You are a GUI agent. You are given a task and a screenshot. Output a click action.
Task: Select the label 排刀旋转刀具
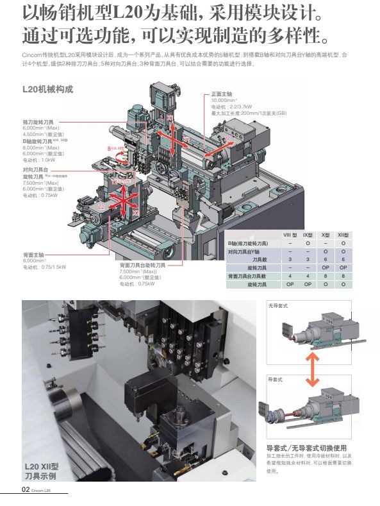click(38, 121)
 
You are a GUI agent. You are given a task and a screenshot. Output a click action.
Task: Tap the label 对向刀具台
click(36, 169)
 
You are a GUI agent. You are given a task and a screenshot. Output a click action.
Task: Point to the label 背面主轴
click(33, 255)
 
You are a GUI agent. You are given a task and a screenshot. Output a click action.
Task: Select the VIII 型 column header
click(292, 237)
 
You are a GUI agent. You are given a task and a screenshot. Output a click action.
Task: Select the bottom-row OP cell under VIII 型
click(290, 283)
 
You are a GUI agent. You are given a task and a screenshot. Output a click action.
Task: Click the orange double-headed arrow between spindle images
click(312, 372)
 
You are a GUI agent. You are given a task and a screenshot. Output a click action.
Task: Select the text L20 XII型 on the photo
click(42, 466)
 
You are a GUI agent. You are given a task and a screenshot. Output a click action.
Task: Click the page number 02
click(26, 489)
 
